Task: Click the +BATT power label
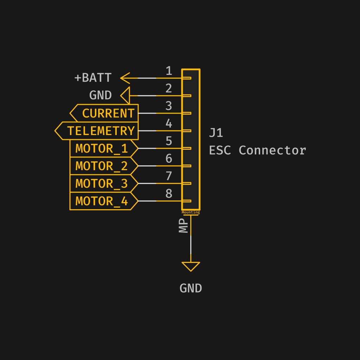tap(93, 78)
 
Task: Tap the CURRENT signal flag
tap(104, 113)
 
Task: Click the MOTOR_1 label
tap(102, 148)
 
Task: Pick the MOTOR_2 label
tap(102, 166)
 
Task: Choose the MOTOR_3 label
tap(102, 184)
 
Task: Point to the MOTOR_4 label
tap(102, 201)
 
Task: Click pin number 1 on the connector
tap(169, 71)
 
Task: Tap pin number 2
tap(169, 89)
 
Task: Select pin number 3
tap(169, 106)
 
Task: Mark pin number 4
tap(169, 124)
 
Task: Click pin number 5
tap(169, 141)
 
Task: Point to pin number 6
tap(169, 159)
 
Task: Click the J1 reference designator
tap(216, 133)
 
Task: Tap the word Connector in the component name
tap(272, 150)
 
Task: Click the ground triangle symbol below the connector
tap(191, 266)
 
